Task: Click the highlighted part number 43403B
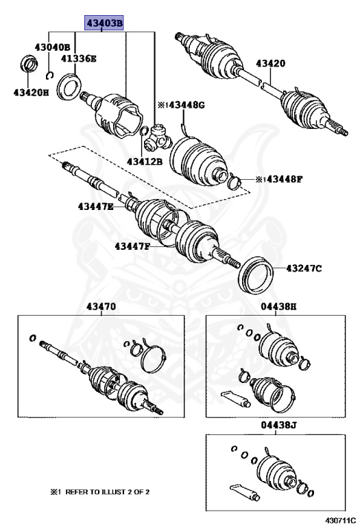[x=104, y=23]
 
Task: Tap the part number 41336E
[x=79, y=59]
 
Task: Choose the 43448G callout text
[x=181, y=105]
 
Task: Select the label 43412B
[x=144, y=162]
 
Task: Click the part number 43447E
[x=95, y=206]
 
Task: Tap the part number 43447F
[x=132, y=246]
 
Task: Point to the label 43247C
[x=303, y=268]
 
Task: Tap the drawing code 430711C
[x=335, y=519]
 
